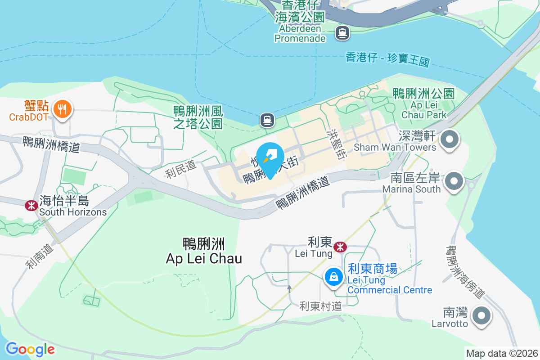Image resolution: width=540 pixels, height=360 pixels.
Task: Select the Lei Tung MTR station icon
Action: coord(340,246)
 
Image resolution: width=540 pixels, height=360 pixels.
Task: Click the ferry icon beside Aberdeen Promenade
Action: coord(342,32)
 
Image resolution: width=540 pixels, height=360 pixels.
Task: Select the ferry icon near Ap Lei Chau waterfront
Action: coord(267,120)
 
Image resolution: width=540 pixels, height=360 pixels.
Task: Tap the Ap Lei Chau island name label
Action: coord(204,252)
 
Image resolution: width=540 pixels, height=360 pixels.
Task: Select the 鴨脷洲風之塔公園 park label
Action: coord(198,117)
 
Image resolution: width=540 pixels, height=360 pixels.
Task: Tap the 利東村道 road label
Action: coord(320,306)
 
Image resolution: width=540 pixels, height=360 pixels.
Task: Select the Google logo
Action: coord(30,349)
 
